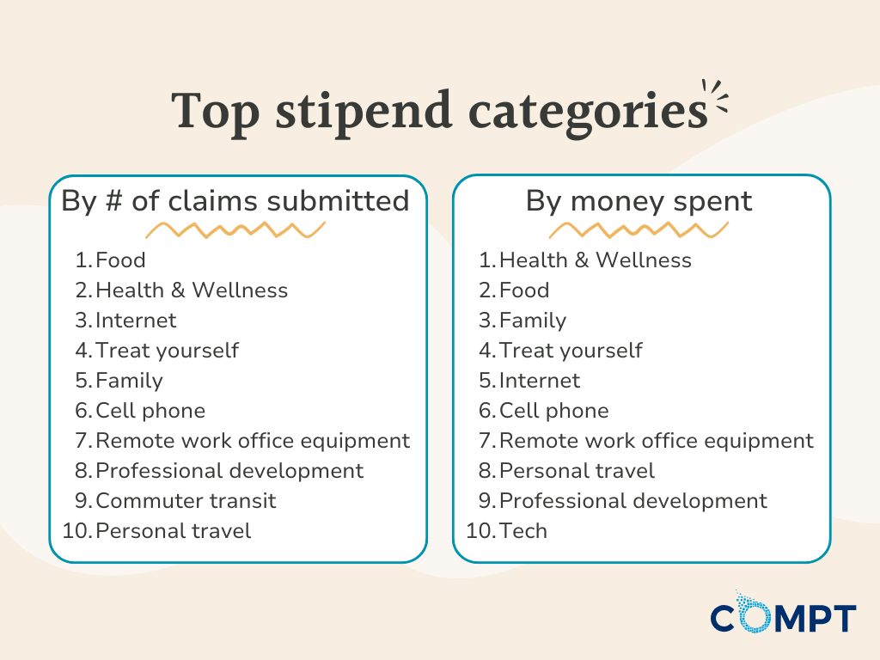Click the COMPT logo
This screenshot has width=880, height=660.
783,617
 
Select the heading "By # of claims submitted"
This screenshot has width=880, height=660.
235,200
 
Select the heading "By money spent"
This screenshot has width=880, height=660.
639,200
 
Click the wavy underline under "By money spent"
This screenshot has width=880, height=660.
639,229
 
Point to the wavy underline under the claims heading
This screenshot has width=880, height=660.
235,229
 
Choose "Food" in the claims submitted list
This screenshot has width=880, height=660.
120,260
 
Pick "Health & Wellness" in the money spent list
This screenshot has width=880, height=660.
595,260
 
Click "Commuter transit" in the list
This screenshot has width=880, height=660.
186,500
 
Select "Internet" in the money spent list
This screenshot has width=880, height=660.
539,381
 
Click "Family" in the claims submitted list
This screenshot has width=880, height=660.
129,381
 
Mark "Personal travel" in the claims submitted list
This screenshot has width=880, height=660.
173,531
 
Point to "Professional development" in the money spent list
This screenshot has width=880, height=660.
632,500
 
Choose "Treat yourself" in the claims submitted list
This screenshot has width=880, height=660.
167,351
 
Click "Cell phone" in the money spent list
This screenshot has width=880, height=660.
553,411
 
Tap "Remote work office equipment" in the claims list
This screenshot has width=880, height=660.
253,441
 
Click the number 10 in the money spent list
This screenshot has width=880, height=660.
478,531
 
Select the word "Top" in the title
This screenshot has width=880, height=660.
216,112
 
